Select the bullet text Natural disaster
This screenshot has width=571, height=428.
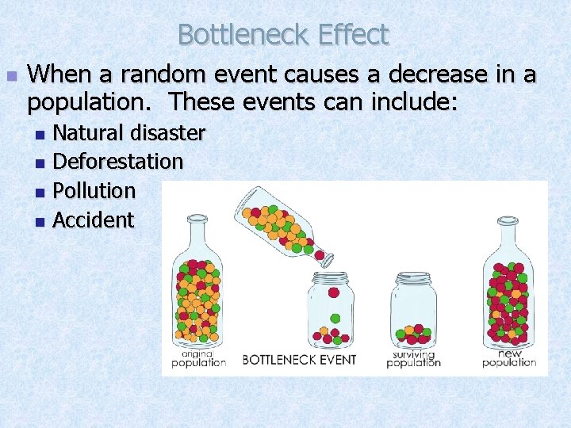(x=128, y=132)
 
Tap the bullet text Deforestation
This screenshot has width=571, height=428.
(x=117, y=162)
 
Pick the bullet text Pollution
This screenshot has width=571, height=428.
(x=94, y=191)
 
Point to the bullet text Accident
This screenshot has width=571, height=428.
(x=93, y=220)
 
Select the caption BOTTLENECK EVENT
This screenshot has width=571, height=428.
(x=299, y=360)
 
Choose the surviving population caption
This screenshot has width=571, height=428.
(x=413, y=358)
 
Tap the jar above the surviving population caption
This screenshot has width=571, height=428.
(x=413, y=309)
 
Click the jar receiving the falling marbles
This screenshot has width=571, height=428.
(x=331, y=311)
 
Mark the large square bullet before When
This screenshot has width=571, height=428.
(x=11, y=77)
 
